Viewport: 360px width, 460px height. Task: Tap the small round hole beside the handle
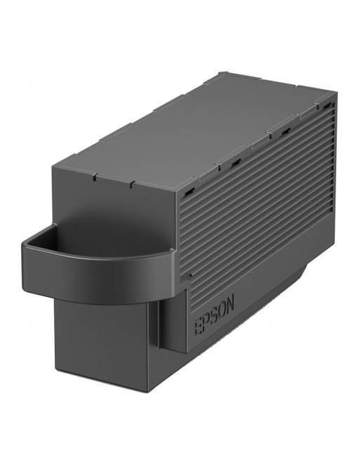click(x=191, y=275)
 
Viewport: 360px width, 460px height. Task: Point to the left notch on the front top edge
click(x=95, y=177)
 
